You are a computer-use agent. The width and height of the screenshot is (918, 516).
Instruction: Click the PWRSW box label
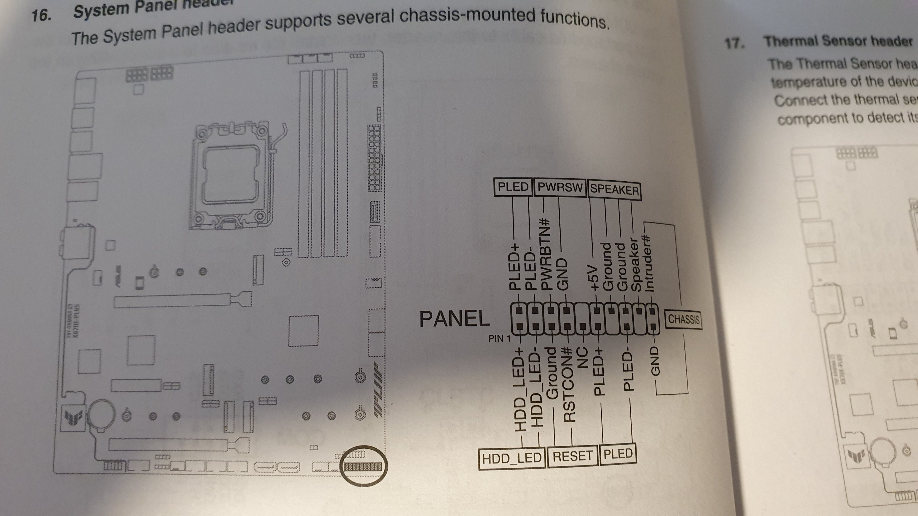pos(560,187)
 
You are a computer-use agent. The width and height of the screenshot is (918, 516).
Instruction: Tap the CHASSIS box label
pos(683,319)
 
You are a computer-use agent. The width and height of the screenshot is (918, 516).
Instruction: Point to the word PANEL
pos(454,319)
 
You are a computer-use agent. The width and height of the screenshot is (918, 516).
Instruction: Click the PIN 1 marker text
pos(499,338)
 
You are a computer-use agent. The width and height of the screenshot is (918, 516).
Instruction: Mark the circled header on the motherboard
pos(363,466)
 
